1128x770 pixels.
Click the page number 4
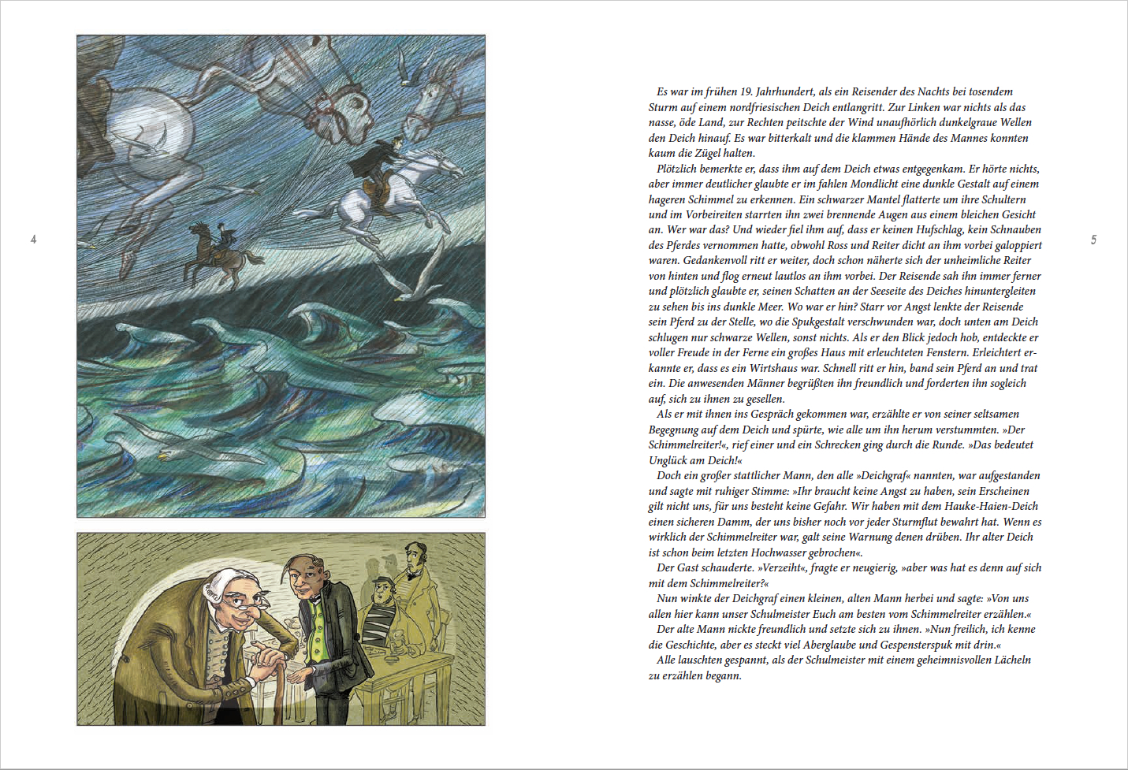[33, 239]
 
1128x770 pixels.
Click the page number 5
[1093, 240]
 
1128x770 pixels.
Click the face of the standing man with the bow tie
[412, 560]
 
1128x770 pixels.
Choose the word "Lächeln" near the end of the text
[1011, 660]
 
